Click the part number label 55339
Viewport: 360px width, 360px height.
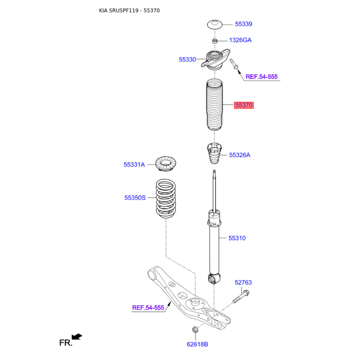tap(243, 24)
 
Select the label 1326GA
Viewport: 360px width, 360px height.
tap(240, 40)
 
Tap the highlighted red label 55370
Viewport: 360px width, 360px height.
tap(244, 105)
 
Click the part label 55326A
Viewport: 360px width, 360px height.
tap(239, 155)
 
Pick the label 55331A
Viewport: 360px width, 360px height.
tap(134, 165)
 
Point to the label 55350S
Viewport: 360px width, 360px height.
tap(135, 197)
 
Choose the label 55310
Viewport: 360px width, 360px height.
tap(237, 238)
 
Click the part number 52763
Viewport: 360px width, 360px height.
tap(243, 283)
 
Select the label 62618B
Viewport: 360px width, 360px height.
tap(198, 344)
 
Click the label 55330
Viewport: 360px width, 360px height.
tap(187, 59)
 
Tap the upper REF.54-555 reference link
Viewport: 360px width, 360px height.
tap(261, 77)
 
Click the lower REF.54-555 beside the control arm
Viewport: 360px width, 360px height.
tap(148, 308)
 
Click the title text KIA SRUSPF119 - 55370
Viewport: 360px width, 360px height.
tap(129, 10)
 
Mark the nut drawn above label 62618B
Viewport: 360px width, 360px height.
tap(196, 331)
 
